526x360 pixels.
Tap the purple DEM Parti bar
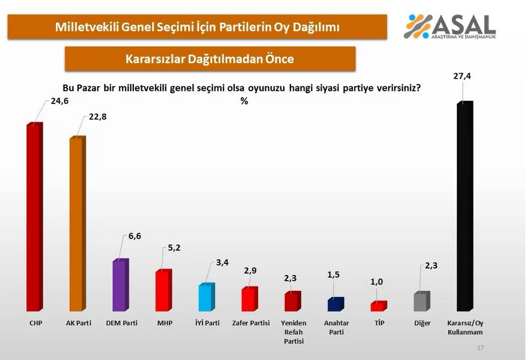(x=120, y=286)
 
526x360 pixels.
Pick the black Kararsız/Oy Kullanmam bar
(x=465, y=206)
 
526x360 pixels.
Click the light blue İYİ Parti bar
(x=207, y=297)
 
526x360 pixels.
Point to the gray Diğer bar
(x=421, y=302)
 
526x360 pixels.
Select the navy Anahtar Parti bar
(x=336, y=305)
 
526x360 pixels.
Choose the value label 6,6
(x=135, y=236)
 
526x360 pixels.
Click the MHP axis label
(x=164, y=323)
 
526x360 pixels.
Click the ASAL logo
(x=451, y=26)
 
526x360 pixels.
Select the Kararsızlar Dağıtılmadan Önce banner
(x=210, y=59)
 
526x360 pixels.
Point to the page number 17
(x=480, y=348)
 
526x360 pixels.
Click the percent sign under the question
(x=244, y=101)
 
